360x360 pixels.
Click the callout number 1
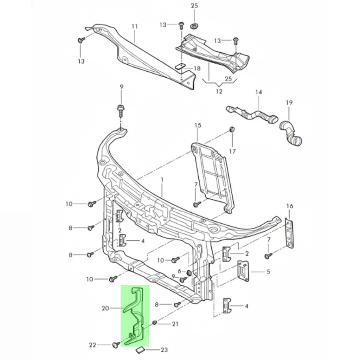click(162, 180)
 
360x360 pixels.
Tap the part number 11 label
click(134, 26)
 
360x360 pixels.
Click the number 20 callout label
click(105, 308)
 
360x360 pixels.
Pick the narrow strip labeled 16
click(289, 233)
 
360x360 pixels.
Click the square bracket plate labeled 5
click(243, 271)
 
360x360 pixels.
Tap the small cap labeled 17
click(232, 129)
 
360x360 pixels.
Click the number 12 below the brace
click(219, 92)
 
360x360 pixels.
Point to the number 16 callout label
click(289, 206)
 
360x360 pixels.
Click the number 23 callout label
click(164, 350)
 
